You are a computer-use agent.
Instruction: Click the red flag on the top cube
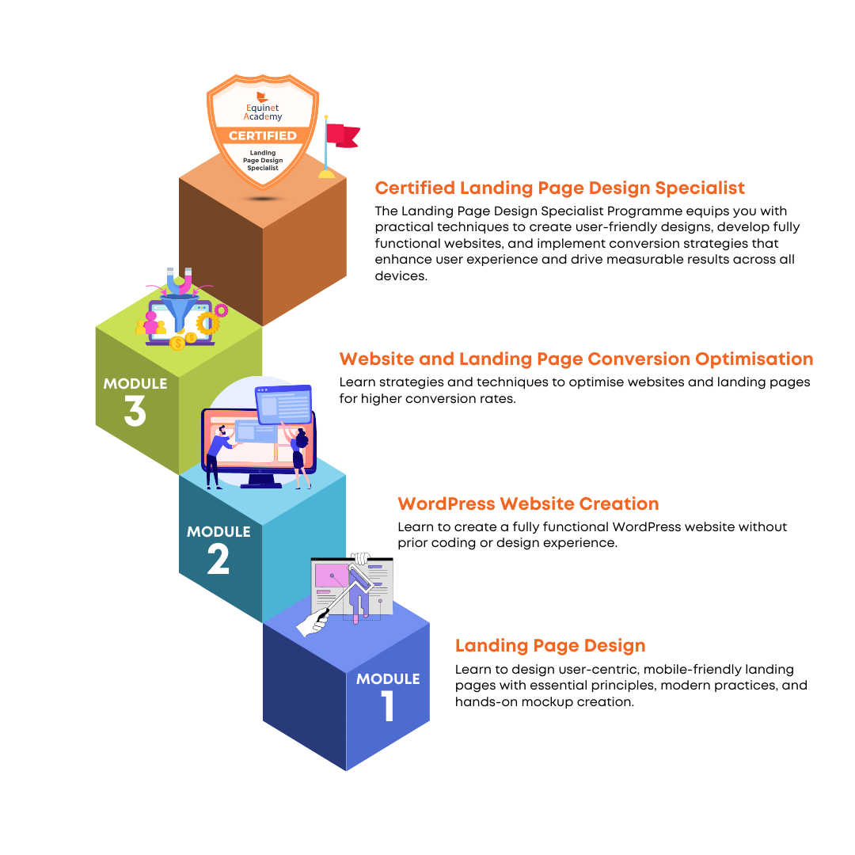tap(343, 136)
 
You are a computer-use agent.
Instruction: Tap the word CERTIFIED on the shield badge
tap(263, 136)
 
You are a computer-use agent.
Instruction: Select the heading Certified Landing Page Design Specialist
tap(560, 188)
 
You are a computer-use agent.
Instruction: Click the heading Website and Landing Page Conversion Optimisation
tap(576, 359)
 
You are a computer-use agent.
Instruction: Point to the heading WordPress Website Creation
tap(528, 503)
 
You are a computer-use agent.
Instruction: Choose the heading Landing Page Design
tap(550, 646)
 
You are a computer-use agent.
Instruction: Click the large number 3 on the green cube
tap(135, 411)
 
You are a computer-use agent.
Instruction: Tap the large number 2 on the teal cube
tap(218, 559)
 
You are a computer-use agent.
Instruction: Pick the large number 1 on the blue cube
tap(388, 706)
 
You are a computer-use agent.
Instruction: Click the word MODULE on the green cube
tap(135, 384)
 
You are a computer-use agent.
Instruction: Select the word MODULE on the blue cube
tap(388, 679)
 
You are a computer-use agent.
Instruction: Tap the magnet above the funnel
tap(180, 281)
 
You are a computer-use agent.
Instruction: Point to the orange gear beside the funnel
tap(207, 323)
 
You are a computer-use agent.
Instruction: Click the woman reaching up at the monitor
tap(298, 456)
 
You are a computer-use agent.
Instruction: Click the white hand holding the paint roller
tap(313, 622)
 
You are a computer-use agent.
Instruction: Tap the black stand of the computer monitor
tap(261, 481)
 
